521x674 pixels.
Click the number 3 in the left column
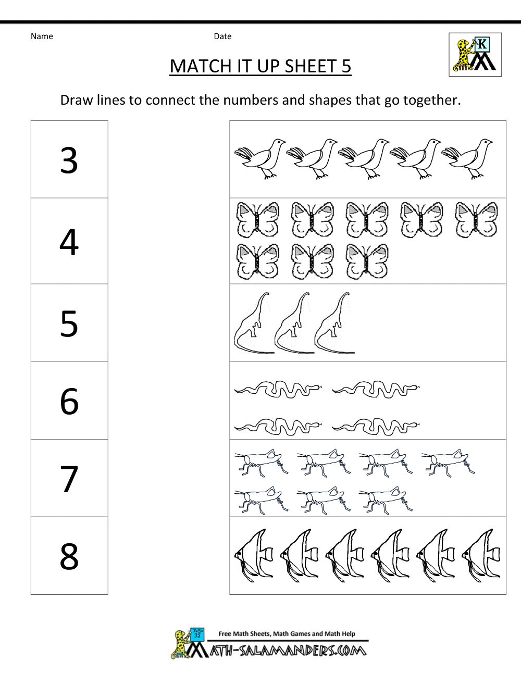tap(69, 160)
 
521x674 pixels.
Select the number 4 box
tap(69, 242)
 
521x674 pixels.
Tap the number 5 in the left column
tap(69, 323)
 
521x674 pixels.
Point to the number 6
tap(69, 401)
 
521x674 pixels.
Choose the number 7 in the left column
tap(69, 479)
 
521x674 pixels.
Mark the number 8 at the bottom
tap(69, 556)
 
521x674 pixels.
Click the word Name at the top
tap(42, 36)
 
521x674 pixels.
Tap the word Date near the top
tap(222, 36)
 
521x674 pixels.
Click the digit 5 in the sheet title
tap(346, 66)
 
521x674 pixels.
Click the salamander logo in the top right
tap(475, 55)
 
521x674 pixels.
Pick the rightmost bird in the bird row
tap(468, 158)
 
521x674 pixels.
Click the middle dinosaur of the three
tap(293, 324)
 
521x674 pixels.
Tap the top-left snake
tap(278, 389)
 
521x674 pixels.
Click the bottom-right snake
tap(375, 426)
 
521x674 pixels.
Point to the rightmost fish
tap(482, 555)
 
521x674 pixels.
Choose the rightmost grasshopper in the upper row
tap(448, 461)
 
